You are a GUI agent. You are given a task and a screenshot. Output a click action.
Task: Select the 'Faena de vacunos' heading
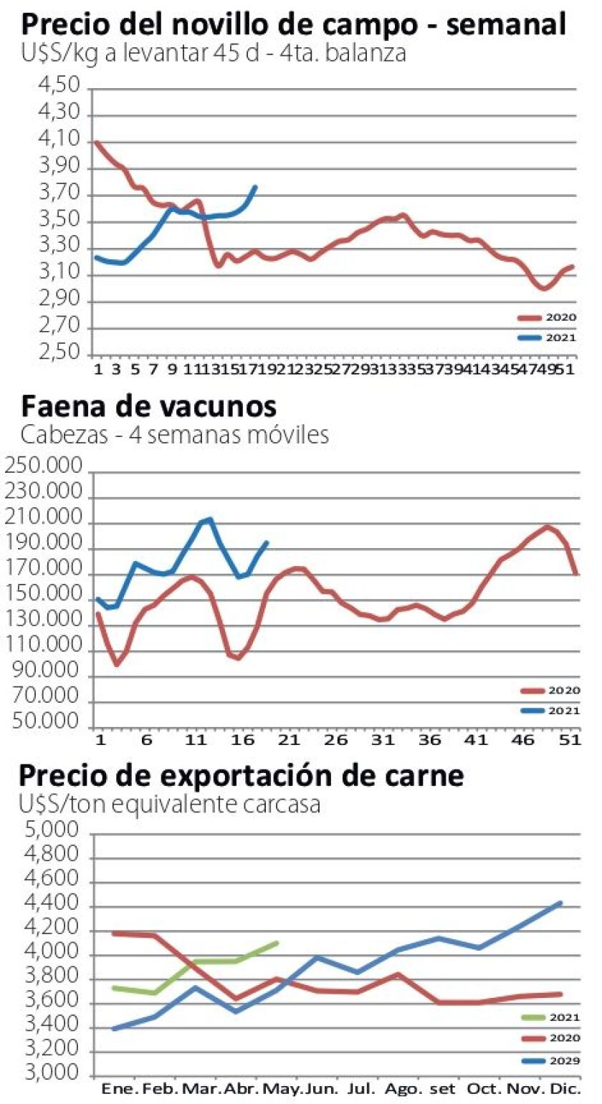click(148, 406)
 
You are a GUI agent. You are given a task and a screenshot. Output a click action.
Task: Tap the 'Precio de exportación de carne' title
click(242, 775)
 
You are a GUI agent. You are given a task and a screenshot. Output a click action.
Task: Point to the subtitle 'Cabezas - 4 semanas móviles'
click(175, 435)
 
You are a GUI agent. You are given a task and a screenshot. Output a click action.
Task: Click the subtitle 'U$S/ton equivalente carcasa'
click(170, 804)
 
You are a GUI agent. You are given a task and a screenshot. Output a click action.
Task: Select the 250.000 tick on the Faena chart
click(44, 472)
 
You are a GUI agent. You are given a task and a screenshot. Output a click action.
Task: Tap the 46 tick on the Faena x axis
click(521, 739)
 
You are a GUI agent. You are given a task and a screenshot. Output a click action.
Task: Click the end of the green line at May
click(277, 943)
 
